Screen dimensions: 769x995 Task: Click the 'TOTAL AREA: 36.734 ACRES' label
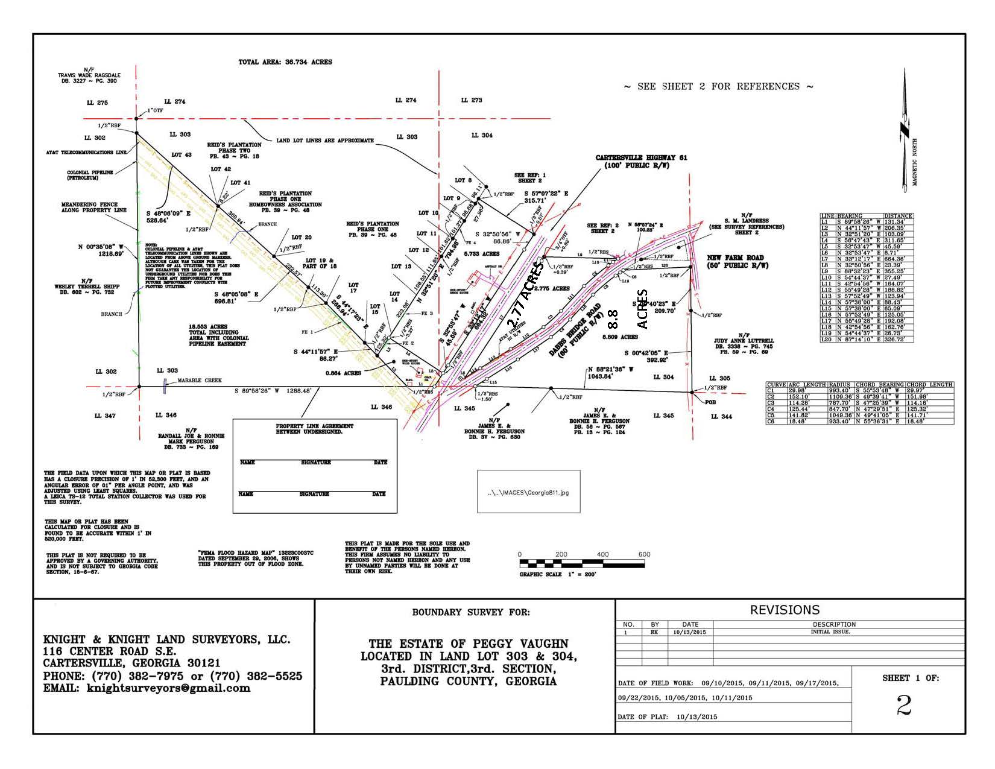(x=285, y=62)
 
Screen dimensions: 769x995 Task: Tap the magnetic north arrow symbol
(x=905, y=130)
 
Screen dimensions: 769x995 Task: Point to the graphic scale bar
(x=581, y=565)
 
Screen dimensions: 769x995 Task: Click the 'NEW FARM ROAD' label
(x=735, y=258)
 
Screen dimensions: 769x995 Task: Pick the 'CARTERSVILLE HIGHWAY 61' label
(x=641, y=158)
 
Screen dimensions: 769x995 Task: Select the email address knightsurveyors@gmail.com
(x=168, y=688)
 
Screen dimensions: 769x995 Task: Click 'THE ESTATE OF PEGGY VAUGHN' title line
(x=468, y=644)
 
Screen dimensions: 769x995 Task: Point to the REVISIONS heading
(x=785, y=610)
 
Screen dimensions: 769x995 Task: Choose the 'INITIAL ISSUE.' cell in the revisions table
(x=830, y=632)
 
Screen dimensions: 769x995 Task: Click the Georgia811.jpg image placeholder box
(x=528, y=492)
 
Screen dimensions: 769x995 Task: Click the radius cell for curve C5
(x=840, y=415)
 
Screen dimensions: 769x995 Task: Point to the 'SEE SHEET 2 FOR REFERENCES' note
(x=718, y=87)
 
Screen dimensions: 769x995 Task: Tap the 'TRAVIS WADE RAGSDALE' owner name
(x=87, y=75)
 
